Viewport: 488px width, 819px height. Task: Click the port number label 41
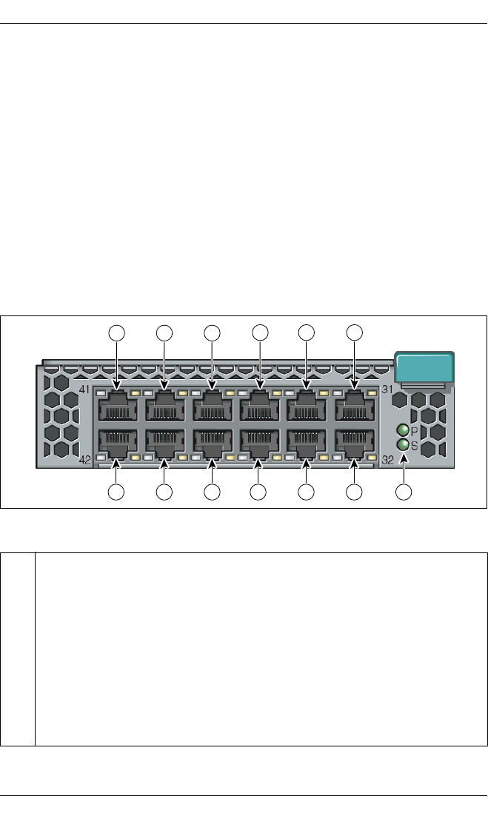(84, 389)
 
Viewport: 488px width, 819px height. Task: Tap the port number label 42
(84, 460)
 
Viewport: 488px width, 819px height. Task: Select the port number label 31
(387, 389)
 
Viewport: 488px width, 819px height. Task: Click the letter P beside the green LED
(415, 430)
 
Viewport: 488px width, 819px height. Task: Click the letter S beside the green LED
(415, 444)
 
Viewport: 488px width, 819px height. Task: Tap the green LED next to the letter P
(403, 430)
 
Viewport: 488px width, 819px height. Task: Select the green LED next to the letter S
(403, 444)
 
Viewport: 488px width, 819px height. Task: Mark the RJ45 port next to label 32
(354, 443)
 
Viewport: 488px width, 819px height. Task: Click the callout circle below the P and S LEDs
(403, 492)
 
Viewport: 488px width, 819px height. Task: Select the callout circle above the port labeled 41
(117, 333)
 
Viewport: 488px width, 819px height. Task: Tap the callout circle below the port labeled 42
(117, 492)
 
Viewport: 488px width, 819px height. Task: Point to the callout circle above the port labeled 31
(354, 333)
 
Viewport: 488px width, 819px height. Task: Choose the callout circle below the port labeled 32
(354, 492)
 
